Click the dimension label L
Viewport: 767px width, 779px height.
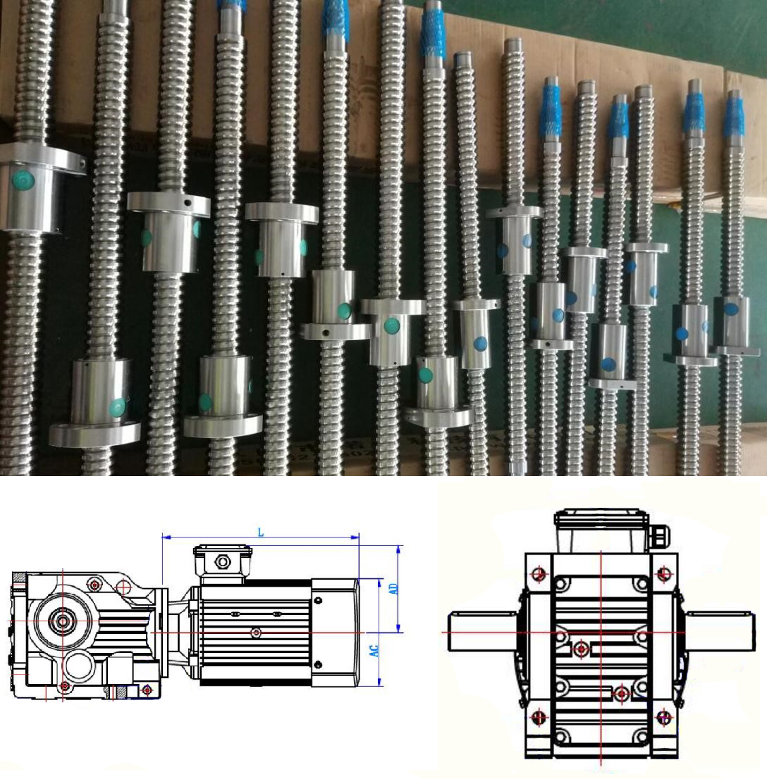(x=261, y=532)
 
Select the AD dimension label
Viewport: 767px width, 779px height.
(x=393, y=589)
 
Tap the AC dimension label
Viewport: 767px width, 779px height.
(x=374, y=651)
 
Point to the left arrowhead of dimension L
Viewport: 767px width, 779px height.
(x=166, y=537)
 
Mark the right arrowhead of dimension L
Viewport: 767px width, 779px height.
(x=355, y=537)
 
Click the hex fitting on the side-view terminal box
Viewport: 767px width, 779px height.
(x=222, y=562)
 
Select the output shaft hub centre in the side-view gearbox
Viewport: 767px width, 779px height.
(x=63, y=621)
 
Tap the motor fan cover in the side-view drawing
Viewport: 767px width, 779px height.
(x=336, y=632)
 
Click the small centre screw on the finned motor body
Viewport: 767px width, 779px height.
(x=256, y=632)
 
